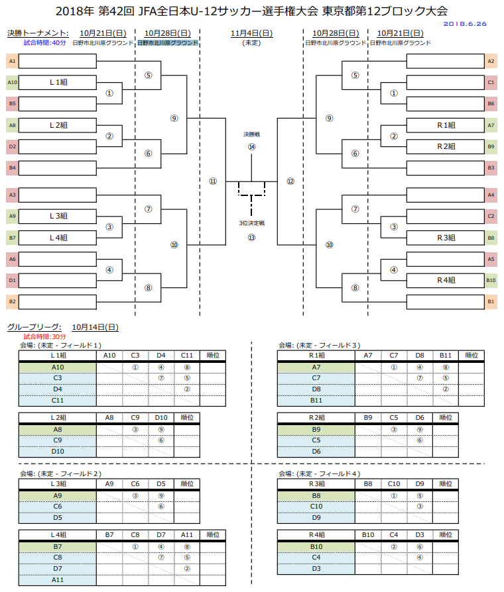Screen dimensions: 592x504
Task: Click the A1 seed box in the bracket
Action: point(13,61)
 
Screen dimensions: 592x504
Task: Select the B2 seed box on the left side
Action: point(13,301)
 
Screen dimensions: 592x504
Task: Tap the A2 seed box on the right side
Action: point(491,61)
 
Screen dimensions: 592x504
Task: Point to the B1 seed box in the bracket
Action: point(491,301)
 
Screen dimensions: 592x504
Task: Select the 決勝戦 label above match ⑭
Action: point(251,134)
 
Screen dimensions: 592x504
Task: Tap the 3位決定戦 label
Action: point(251,223)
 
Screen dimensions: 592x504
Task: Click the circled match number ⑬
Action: point(251,237)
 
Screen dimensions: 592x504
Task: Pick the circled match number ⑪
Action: point(213,181)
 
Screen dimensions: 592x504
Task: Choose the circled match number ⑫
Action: point(290,181)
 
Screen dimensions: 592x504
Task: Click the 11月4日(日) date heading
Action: point(251,33)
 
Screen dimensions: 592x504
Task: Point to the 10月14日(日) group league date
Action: point(95,327)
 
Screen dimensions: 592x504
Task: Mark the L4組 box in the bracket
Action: point(58,237)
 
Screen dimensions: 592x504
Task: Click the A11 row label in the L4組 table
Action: point(58,579)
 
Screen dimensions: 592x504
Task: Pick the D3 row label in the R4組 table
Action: point(316,568)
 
